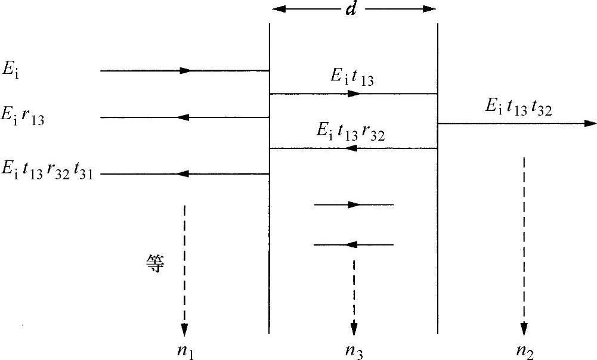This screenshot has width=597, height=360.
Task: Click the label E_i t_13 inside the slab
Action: [352, 77]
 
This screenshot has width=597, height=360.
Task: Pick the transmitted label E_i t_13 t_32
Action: [518, 108]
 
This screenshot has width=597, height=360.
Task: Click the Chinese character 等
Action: [154, 263]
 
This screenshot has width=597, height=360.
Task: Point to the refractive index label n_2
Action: [525, 352]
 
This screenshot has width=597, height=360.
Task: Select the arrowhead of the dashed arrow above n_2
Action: [524, 329]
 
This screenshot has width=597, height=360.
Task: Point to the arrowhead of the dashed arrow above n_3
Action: [354, 329]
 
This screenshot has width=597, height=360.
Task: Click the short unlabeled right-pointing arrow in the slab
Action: [354, 205]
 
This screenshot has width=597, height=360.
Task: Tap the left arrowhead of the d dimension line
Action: [277, 9]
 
